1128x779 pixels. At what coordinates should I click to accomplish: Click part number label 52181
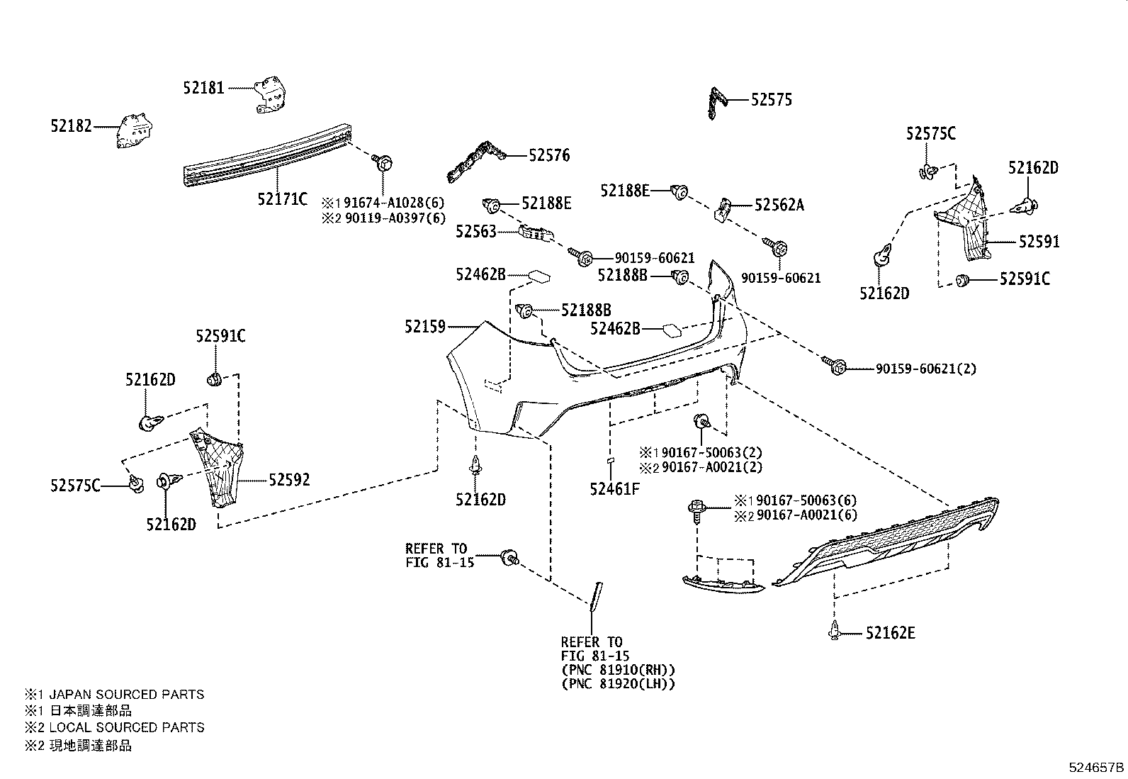203,88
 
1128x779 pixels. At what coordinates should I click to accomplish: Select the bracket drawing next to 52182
135,131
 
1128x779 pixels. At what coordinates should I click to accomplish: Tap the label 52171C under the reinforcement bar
282,199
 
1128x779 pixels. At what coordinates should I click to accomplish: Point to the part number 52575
771,100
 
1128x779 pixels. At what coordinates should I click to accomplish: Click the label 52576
548,155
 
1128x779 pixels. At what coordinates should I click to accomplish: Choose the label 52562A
779,205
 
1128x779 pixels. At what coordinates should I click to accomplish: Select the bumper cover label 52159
425,327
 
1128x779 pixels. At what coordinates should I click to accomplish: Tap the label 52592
288,480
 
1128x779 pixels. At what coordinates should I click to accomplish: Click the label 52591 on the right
1039,242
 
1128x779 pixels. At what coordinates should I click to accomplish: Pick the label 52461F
614,488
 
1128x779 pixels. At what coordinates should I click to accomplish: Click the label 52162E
889,633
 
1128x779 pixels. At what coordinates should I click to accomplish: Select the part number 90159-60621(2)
925,369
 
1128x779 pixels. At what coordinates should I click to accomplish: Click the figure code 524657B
1096,767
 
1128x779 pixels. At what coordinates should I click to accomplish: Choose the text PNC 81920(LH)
618,684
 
